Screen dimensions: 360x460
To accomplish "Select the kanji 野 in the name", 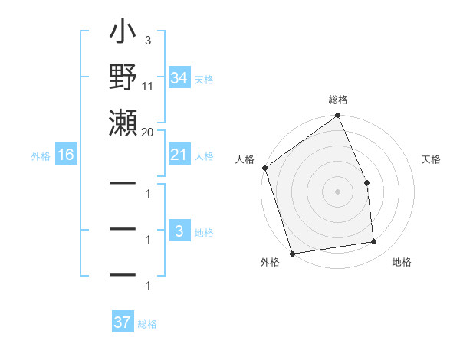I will [x=123, y=79].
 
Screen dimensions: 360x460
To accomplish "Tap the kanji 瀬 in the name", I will [x=123, y=123].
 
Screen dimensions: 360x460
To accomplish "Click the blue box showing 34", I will [x=179, y=78].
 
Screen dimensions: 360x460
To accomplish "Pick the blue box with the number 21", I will [x=179, y=155].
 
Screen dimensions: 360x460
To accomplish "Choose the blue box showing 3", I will [x=179, y=231].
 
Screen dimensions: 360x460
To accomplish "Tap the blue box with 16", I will [x=66, y=155].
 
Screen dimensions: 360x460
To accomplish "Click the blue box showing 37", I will [x=123, y=322].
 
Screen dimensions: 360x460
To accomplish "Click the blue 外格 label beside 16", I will [x=41, y=156].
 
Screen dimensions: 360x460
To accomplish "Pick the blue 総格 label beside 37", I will [x=147, y=324].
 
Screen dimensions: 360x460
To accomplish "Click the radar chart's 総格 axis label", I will [x=338, y=100].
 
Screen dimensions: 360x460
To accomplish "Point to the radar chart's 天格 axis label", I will [x=432, y=159].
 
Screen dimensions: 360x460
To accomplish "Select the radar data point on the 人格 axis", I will [x=264, y=168].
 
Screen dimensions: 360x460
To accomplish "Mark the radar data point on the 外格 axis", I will [x=292, y=253].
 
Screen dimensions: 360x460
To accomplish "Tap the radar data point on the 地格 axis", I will [x=374, y=242].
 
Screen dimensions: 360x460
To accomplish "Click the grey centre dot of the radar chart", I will [x=338, y=191].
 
